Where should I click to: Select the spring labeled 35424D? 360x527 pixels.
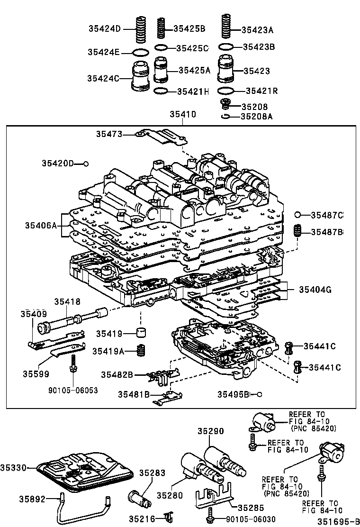click(x=140, y=29)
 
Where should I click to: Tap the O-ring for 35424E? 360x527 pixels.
click(x=141, y=52)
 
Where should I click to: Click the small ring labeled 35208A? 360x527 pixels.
click(x=226, y=116)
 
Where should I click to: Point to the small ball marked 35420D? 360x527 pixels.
click(x=86, y=164)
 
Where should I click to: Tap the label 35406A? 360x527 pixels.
click(x=41, y=226)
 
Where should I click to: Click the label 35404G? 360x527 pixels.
click(x=315, y=289)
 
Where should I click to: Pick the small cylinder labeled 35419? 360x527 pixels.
click(x=141, y=333)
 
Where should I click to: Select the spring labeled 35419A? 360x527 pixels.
click(x=141, y=351)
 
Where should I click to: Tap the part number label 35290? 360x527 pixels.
click(x=210, y=431)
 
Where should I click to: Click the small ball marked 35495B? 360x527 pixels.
click(x=259, y=394)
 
